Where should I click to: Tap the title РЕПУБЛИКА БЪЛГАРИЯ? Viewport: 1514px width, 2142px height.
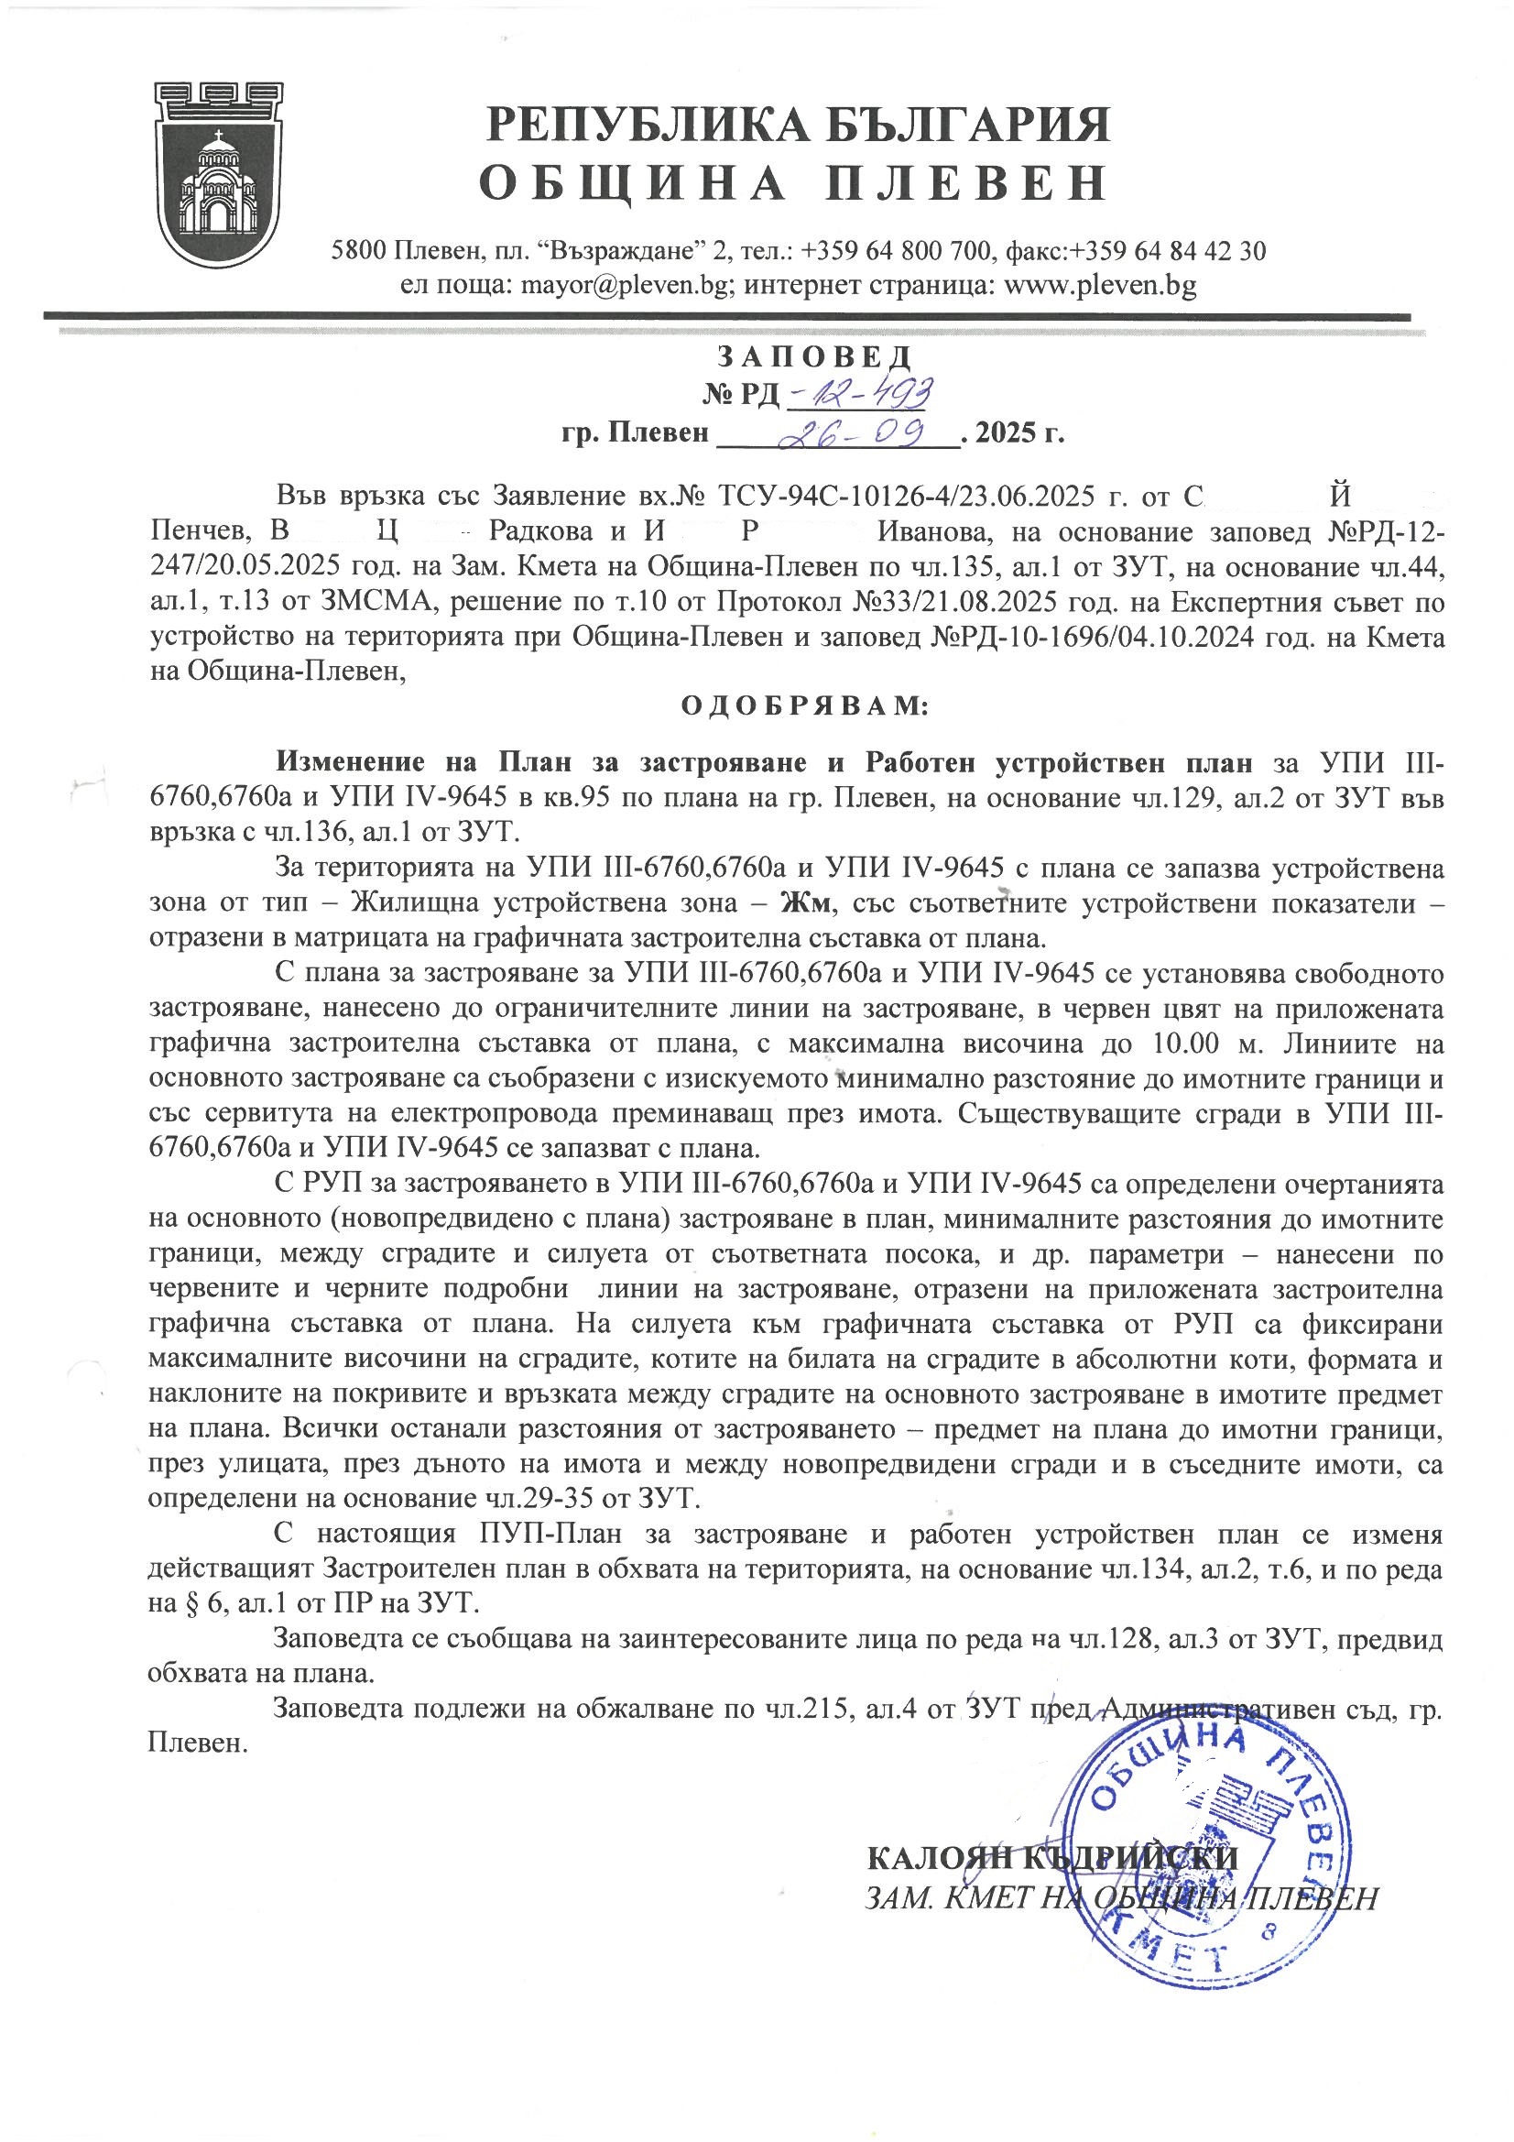tap(799, 125)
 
